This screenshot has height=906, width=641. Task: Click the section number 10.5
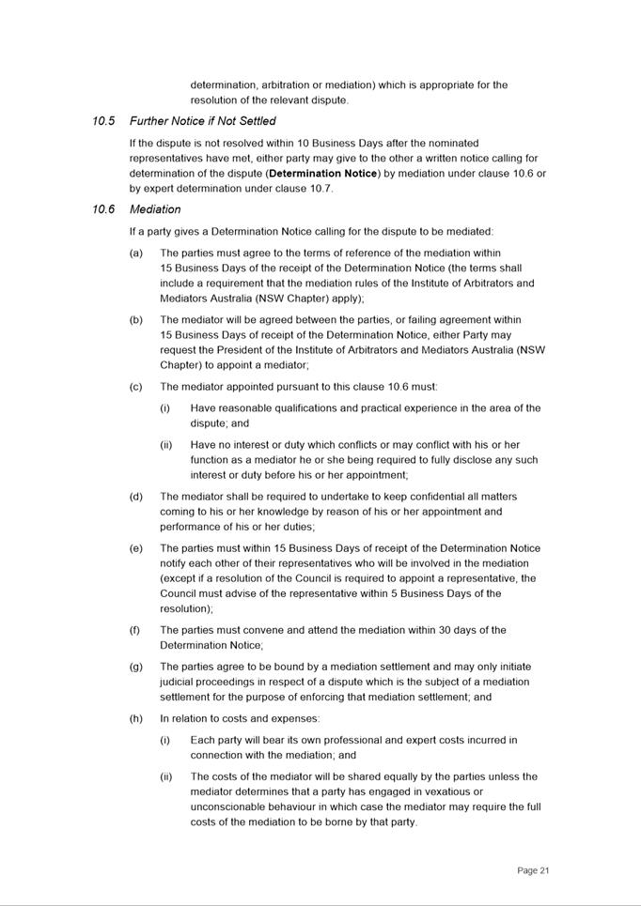pyautogui.click(x=103, y=121)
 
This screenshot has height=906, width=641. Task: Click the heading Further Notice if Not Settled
pyautogui.click(x=202, y=121)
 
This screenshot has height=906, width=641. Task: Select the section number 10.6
pyautogui.click(x=103, y=209)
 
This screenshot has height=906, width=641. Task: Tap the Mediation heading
pyautogui.click(x=155, y=209)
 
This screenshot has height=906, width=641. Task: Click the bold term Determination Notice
pyautogui.click(x=323, y=174)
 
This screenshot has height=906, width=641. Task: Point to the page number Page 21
pyautogui.click(x=533, y=870)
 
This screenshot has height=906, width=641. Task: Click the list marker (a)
pyautogui.click(x=136, y=253)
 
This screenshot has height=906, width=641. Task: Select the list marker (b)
pyautogui.click(x=136, y=319)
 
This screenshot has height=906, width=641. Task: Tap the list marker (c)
pyautogui.click(x=136, y=386)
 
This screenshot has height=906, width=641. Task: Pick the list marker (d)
pyautogui.click(x=136, y=497)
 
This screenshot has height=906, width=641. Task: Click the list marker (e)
pyautogui.click(x=136, y=548)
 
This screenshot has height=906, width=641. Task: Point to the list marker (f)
pyautogui.click(x=136, y=630)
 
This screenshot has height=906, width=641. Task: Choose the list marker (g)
pyautogui.click(x=136, y=667)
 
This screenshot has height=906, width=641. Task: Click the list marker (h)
pyautogui.click(x=136, y=718)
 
